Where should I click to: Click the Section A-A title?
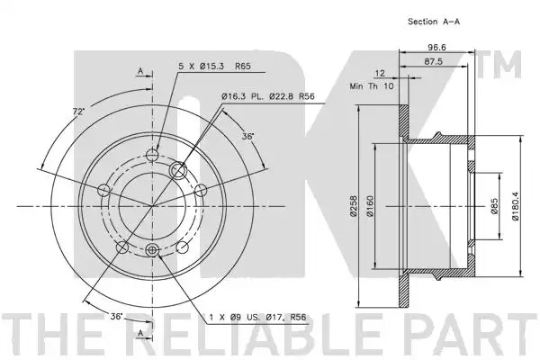point(434,22)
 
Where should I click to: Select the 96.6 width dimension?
point(436,47)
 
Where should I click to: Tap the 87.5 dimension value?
point(433,62)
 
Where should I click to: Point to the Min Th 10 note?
point(371,86)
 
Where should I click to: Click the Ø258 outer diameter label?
point(353,206)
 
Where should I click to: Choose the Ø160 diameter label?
point(370,206)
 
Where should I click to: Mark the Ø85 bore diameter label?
point(494,206)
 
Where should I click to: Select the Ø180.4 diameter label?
point(515,206)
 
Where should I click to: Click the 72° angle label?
point(78,112)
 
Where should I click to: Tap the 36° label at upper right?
point(247,137)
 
